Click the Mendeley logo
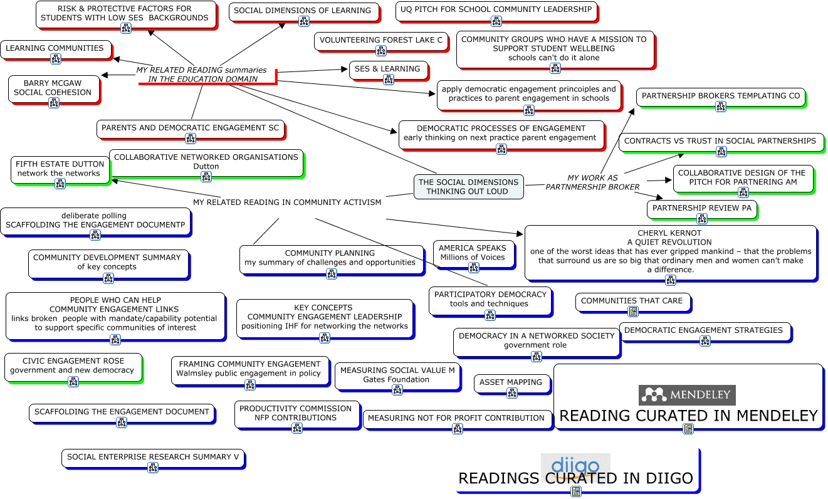tap(687, 395)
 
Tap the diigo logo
tap(575, 468)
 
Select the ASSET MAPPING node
tap(512, 384)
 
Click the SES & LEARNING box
tap(388, 71)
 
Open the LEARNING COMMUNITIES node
tap(56, 50)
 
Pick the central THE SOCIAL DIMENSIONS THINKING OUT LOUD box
tap(468, 187)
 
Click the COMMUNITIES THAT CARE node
tap(633, 303)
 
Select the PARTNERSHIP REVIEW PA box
tap(702, 210)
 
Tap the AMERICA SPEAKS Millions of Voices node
tap(473, 255)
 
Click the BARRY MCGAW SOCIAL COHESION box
tap(54, 90)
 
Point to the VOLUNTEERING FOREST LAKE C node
tap(381, 42)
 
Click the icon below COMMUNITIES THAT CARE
tap(633, 311)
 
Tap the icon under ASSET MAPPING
tap(512, 393)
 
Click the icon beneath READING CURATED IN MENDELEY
tap(688, 429)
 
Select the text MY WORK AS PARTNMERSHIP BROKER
tap(592, 182)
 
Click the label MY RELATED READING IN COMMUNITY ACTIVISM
tap(287, 202)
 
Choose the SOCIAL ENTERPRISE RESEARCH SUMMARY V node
tap(153, 459)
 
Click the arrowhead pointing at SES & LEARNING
tap(343, 69)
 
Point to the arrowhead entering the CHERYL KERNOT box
tap(520, 233)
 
